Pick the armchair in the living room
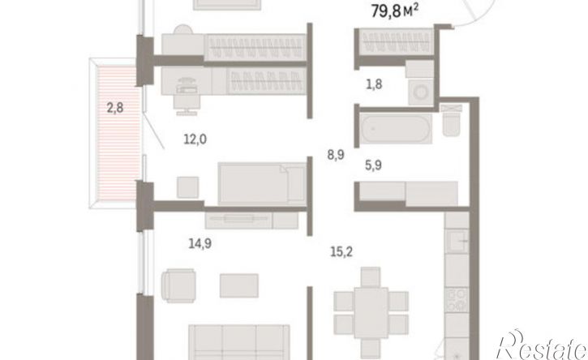click(178, 285)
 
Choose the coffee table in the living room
click(238, 283)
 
